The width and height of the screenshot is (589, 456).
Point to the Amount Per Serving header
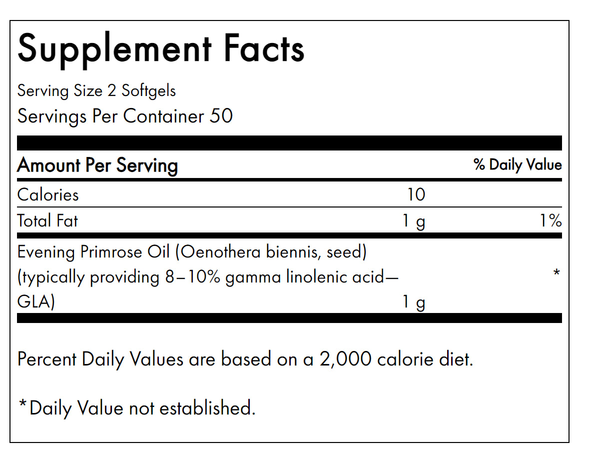pyautogui.click(x=97, y=165)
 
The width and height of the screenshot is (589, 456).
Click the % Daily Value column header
pyautogui.click(x=518, y=165)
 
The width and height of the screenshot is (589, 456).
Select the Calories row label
pyautogui.click(x=48, y=194)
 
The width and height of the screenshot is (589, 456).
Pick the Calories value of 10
pyautogui.click(x=416, y=194)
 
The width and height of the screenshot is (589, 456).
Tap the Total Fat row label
pyautogui.click(x=47, y=220)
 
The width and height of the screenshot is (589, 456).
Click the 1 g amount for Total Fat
pyautogui.click(x=414, y=221)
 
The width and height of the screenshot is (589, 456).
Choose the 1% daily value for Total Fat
pyautogui.click(x=551, y=220)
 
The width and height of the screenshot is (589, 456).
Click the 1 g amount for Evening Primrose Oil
pyautogui.click(x=414, y=302)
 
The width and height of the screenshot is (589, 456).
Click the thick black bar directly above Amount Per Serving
pyautogui.click(x=289, y=142)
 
